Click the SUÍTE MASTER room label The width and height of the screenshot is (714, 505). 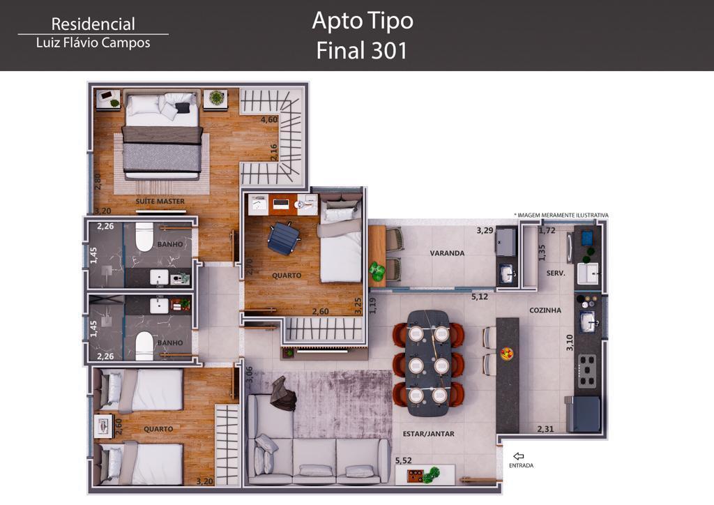point(160,202)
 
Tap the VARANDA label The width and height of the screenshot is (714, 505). point(447,253)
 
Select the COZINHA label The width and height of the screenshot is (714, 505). point(545,310)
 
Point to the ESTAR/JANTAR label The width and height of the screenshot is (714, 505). point(429,434)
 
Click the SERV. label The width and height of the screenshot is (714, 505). point(556,273)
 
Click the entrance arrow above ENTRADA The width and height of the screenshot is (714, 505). point(519,456)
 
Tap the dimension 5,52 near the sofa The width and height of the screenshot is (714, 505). point(404,461)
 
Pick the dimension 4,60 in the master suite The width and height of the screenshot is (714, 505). point(269,120)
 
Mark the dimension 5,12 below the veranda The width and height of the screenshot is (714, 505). point(480,297)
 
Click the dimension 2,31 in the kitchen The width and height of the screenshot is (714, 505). point(545,429)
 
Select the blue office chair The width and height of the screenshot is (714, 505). point(283,238)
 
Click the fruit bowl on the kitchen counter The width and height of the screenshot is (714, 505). point(507,354)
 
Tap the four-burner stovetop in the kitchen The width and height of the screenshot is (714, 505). point(587,370)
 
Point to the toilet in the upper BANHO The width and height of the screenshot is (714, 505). point(144,236)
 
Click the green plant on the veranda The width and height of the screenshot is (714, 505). point(377,271)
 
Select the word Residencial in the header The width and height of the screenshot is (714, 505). point(93,24)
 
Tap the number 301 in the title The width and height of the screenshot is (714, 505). point(389,50)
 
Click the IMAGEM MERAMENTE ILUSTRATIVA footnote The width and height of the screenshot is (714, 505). point(561,216)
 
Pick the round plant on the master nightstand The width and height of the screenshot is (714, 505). point(216,98)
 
